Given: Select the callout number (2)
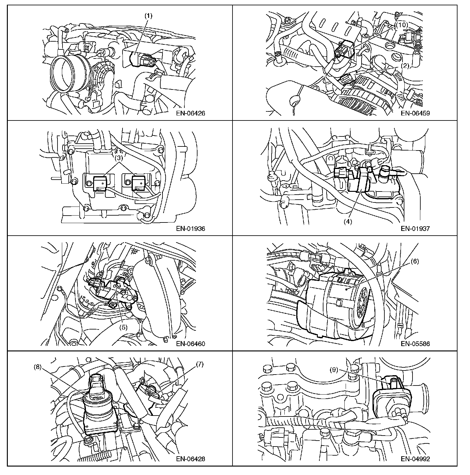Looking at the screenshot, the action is point(405,66).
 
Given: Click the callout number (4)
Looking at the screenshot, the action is point(348,222).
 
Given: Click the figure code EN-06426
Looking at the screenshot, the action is point(190,113).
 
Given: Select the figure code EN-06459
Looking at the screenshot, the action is point(415,113).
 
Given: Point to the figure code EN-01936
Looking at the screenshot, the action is point(190,228).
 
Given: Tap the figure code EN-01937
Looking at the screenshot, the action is point(415,228).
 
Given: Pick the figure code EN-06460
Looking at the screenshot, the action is point(190,344).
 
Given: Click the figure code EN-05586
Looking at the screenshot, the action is point(415,344).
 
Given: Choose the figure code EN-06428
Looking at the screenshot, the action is point(190,459).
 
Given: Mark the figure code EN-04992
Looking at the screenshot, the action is point(415,459).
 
